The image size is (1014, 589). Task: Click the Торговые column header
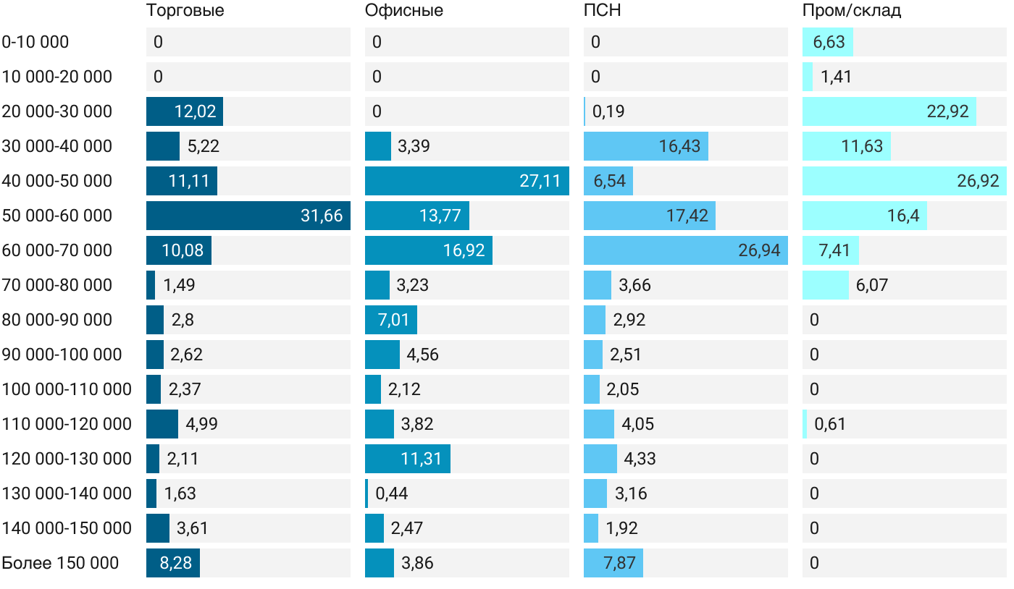[185, 11]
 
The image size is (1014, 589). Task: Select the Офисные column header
[404, 11]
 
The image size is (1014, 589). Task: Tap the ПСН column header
[603, 11]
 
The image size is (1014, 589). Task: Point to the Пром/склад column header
[852, 11]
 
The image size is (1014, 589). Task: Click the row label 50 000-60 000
[57, 216]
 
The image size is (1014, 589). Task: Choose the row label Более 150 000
[60, 563]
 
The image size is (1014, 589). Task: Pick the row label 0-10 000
[35, 42]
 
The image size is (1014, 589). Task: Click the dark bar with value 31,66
[248, 216]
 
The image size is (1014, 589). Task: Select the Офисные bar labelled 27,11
[466, 181]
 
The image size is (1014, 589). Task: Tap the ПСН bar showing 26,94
[685, 250]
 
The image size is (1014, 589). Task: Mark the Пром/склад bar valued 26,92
[904, 181]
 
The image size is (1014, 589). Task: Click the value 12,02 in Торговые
[195, 111]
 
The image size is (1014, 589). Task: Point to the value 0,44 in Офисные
[392, 493]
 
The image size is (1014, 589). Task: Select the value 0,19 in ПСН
[608, 111]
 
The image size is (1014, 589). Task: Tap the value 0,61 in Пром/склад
[830, 424]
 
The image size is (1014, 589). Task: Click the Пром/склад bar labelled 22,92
[889, 111]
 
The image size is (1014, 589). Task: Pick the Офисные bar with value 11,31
[408, 459]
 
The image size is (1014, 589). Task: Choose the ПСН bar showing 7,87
[613, 563]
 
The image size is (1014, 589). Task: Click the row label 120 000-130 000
[67, 459]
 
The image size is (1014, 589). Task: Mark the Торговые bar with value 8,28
[173, 563]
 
